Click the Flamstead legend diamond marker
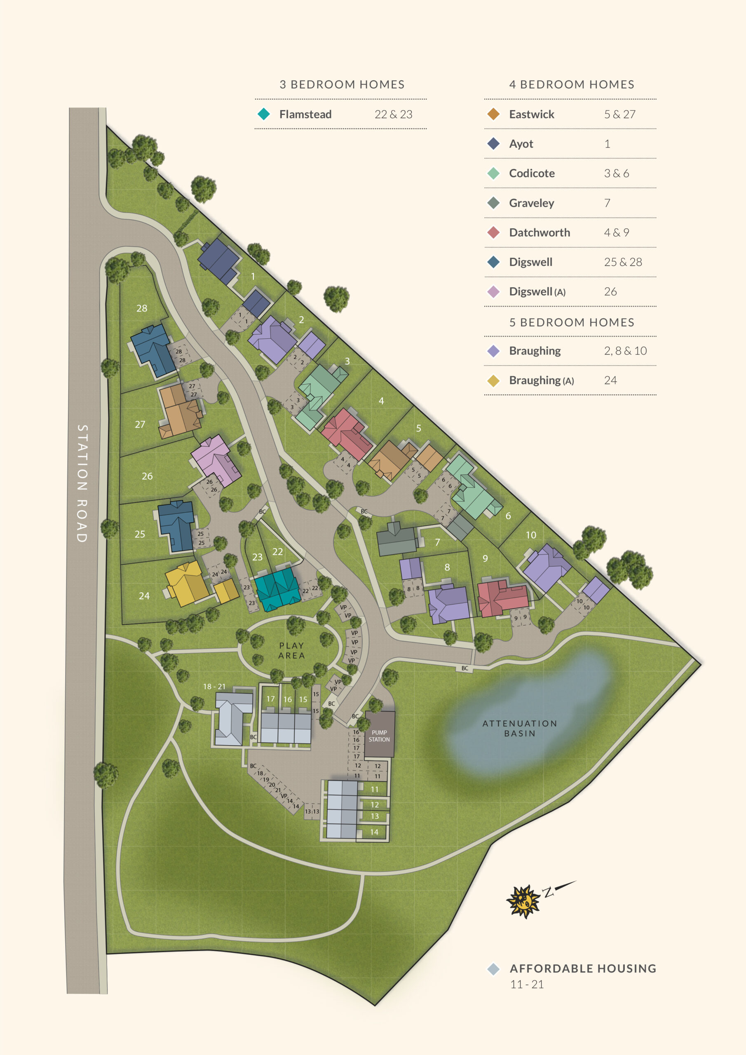coord(264,114)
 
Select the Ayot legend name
coord(521,144)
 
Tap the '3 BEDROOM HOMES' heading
coord(342,84)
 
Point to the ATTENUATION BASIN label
coord(520,728)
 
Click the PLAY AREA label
coord(291,650)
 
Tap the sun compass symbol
coord(523,901)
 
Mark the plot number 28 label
coord(141,308)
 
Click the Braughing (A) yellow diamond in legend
coord(493,380)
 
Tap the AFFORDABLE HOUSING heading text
coord(583,968)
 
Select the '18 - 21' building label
coord(214,687)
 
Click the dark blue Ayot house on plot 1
coord(219,260)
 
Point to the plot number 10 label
coord(531,535)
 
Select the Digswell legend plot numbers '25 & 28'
coord(622,262)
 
